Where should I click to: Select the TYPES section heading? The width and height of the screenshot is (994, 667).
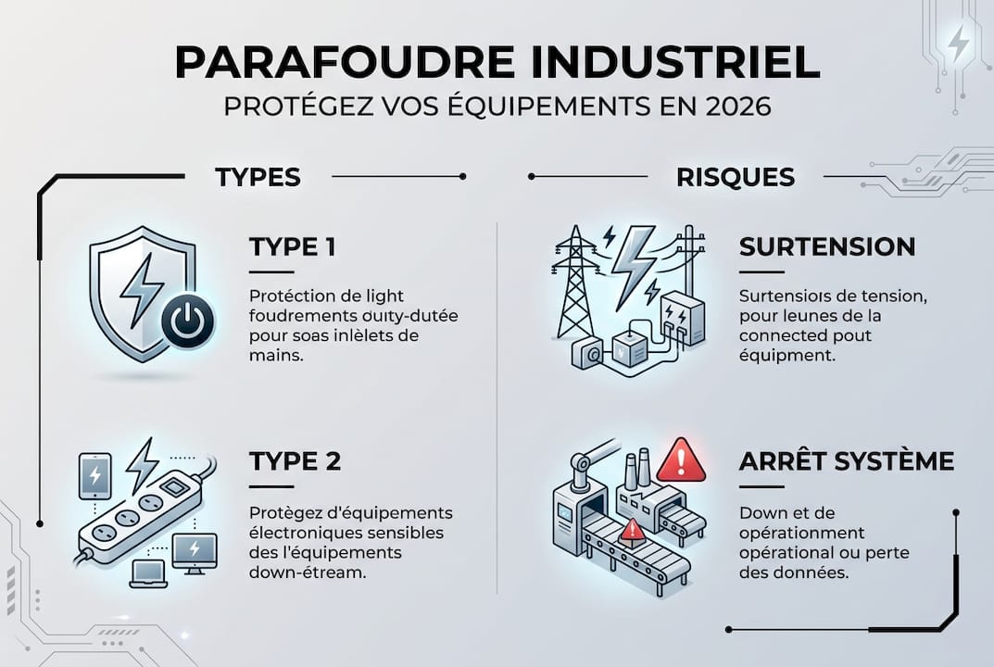pos(258,177)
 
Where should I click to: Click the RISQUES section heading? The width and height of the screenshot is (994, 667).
pos(736,177)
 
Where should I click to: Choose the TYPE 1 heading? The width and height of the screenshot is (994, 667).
pos(292,246)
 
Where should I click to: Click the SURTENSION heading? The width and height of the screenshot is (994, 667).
pos(827,246)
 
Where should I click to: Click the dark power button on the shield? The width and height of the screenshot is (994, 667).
pos(187,322)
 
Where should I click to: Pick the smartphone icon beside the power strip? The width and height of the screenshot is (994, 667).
pos(95,473)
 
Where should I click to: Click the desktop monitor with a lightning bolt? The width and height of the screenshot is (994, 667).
pos(194,552)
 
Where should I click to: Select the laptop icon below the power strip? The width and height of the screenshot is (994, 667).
pos(148,573)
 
